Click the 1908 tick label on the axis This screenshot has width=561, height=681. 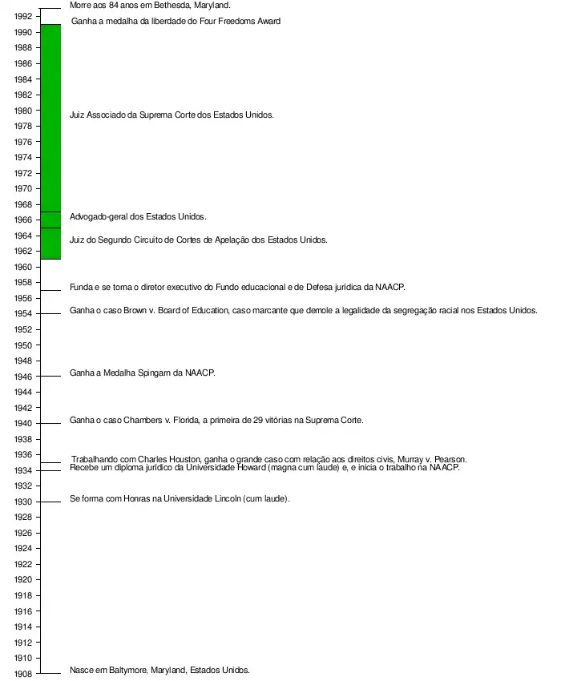(23, 674)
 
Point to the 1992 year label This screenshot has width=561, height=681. (23, 17)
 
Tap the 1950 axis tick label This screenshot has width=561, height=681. (23, 345)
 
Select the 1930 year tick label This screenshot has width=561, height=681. (23, 502)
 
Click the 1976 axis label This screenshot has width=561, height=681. (23, 142)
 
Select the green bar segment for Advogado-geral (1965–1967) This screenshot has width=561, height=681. (50, 220)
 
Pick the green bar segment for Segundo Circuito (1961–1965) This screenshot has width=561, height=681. (50, 244)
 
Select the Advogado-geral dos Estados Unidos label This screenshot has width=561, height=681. (138, 216)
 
